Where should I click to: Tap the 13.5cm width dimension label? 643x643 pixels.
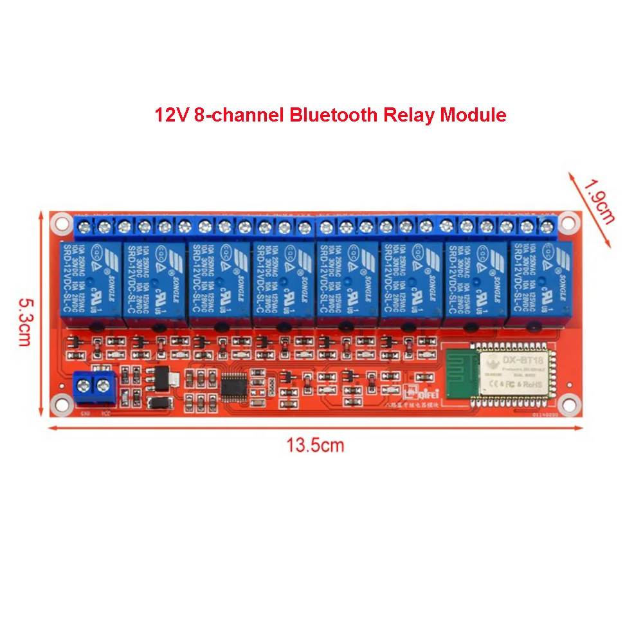(x=315, y=445)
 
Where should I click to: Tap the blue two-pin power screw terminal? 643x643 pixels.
(x=94, y=386)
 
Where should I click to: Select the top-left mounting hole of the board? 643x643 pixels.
(x=62, y=223)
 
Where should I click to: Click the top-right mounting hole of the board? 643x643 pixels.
(x=567, y=224)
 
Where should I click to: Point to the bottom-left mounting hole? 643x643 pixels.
(x=62, y=404)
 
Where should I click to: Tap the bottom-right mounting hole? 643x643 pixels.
(x=567, y=404)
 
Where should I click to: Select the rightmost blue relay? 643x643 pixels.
(x=541, y=280)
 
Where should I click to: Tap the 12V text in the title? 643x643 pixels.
(x=170, y=115)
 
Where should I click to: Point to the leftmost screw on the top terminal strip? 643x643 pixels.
(x=84, y=225)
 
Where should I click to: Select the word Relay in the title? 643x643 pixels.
(x=410, y=115)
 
